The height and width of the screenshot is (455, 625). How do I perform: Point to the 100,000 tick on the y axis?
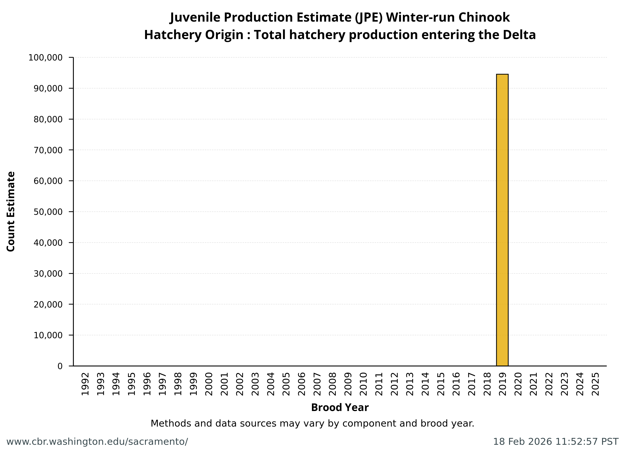pos(45,58)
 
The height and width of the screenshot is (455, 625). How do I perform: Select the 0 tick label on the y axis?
pos(60,366)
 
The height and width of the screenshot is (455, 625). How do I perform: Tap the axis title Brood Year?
pos(340,408)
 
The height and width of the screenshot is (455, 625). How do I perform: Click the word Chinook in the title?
pos(484,17)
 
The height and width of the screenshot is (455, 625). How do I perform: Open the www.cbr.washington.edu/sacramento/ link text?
pos(97,442)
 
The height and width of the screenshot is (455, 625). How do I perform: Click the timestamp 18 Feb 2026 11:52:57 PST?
pos(555,442)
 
